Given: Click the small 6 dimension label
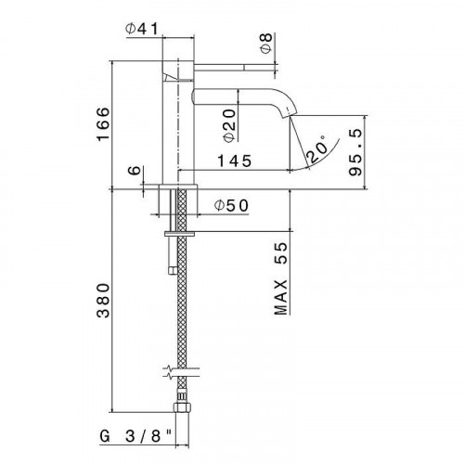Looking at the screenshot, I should tap(134, 172).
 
